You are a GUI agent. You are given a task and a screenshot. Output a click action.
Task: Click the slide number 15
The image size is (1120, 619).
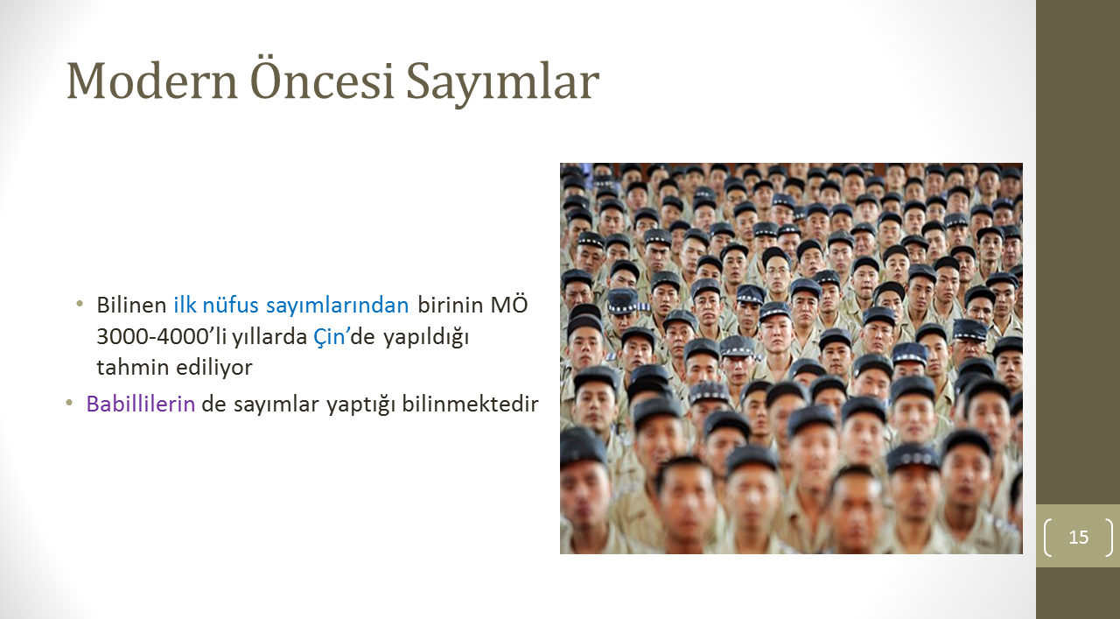(x=1079, y=537)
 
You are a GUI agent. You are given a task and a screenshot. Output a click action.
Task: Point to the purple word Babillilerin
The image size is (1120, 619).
(x=141, y=404)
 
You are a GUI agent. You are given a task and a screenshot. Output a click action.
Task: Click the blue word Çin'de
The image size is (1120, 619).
(x=344, y=337)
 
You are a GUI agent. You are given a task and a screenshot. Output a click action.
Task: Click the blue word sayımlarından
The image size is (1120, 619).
(x=338, y=306)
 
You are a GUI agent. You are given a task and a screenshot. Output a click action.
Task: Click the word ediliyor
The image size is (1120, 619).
(x=214, y=369)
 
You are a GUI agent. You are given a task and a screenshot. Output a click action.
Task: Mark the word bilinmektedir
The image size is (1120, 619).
(x=470, y=404)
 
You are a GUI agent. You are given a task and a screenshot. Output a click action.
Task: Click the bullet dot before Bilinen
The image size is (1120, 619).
(x=80, y=303)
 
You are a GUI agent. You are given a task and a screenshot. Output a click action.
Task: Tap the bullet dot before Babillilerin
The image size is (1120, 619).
(x=69, y=402)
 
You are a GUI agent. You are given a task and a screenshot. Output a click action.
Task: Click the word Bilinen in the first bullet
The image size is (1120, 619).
(x=131, y=305)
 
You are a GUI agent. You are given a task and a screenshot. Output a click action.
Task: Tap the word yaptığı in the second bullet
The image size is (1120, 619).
(x=361, y=404)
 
